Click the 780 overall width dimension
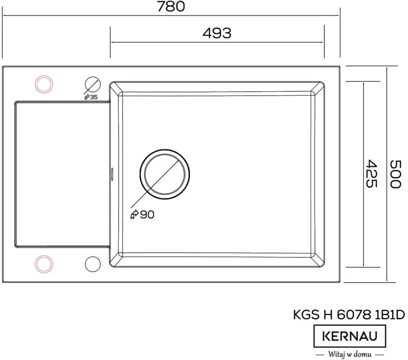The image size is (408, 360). click(171, 7)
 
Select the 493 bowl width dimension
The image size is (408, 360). click(217, 33)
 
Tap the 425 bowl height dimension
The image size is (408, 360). click(370, 173)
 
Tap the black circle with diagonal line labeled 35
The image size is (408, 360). click(92, 84)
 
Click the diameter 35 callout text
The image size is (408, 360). click(91, 97)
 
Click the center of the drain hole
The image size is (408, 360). click(164, 173)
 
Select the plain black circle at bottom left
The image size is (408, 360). click(92, 263)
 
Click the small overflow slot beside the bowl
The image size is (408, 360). click(111, 173)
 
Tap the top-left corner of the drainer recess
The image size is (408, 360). click(16, 102)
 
